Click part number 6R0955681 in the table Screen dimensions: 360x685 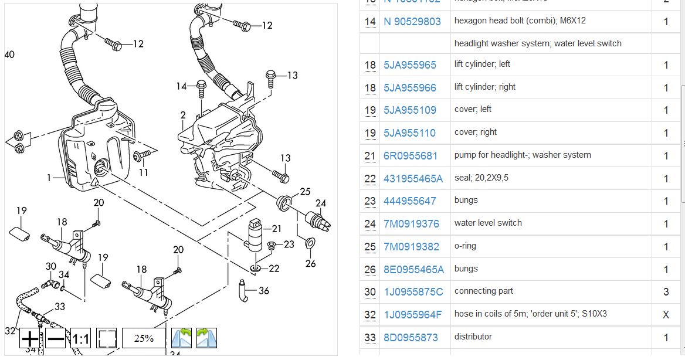coord(411,156)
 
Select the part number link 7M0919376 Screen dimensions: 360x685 coord(411,224)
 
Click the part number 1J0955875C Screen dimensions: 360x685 coord(413,292)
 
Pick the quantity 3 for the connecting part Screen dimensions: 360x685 coord(666,292)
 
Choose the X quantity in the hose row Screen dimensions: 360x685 coord(666,315)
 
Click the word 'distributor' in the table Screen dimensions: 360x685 coord(473,337)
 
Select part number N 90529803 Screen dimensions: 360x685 coord(412,22)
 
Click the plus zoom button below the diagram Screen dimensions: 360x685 coord(29,338)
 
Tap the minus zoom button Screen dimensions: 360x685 coord(55,338)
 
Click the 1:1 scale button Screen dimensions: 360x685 coord(80,339)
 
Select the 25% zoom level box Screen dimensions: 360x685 coord(144,338)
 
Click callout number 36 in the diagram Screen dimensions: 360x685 coord(263,290)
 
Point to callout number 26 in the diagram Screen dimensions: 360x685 coord(310,263)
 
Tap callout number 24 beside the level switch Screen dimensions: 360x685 coord(320,204)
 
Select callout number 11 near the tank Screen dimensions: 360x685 coord(143,172)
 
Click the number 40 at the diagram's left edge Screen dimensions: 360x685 coord(9,55)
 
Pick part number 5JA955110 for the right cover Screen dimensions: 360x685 coord(409,133)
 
